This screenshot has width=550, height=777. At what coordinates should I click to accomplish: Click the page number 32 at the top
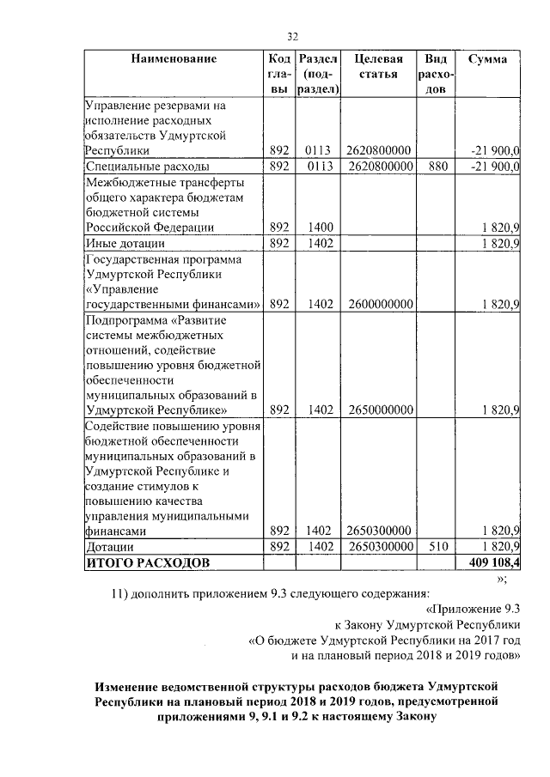(x=291, y=36)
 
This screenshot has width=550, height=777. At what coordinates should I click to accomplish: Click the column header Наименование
(x=173, y=59)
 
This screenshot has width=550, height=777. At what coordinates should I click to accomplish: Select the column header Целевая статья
(x=379, y=67)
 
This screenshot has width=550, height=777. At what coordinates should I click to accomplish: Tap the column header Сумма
(x=487, y=59)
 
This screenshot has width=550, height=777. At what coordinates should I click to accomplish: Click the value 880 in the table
(x=437, y=167)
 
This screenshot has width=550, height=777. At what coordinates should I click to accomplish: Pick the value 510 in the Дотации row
(x=437, y=546)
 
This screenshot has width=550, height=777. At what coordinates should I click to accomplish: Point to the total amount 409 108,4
(x=494, y=562)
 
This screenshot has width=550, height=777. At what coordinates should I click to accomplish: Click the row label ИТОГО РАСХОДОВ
(x=145, y=562)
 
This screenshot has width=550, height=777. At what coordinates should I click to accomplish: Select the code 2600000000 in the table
(x=379, y=304)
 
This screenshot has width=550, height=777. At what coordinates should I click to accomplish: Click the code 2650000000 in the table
(x=379, y=410)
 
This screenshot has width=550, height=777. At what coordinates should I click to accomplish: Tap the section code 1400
(x=318, y=228)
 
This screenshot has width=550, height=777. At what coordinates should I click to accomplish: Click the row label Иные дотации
(x=125, y=244)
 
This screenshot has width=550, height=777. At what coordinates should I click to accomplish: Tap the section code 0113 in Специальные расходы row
(x=318, y=167)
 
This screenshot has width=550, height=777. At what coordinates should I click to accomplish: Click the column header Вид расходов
(x=437, y=75)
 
